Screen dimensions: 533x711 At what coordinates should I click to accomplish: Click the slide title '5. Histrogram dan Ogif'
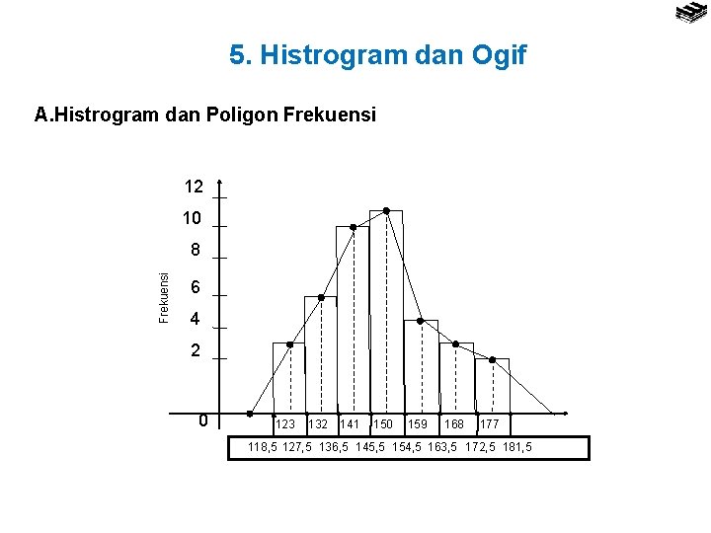(x=378, y=55)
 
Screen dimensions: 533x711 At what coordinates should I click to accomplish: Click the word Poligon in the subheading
(x=243, y=115)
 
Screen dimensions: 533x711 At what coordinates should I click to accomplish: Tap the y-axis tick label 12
(x=194, y=187)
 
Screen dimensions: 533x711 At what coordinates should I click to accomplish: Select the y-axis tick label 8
(x=197, y=250)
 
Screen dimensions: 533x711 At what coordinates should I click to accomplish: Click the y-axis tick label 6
(x=197, y=287)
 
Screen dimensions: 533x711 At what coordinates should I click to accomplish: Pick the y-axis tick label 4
(x=197, y=320)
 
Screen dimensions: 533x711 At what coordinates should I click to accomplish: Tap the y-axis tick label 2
(x=197, y=350)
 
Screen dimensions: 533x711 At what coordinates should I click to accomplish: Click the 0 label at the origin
(x=202, y=421)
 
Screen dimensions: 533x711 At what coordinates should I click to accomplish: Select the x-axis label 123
(x=284, y=424)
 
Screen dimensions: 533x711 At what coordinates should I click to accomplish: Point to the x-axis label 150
(x=383, y=424)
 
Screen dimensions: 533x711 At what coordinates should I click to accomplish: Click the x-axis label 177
(x=489, y=424)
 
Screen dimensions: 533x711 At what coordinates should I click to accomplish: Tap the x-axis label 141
(x=350, y=424)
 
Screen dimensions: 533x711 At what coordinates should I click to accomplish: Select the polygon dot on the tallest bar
(x=386, y=210)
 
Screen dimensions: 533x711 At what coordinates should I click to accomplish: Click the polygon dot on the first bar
(x=289, y=344)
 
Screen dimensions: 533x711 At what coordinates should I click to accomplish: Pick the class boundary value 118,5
(x=264, y=448)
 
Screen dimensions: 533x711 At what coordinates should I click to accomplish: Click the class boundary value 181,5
(x=515, y=448)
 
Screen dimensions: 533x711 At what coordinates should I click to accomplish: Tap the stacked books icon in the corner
(x=689, y=13)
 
